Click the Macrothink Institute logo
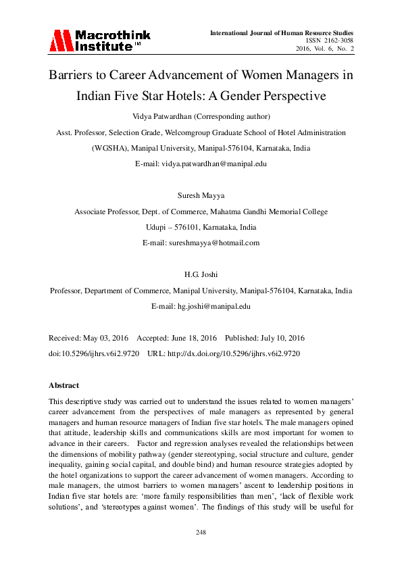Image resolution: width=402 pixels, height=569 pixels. click(99, 41)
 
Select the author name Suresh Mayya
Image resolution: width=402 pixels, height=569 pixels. click(201, 195)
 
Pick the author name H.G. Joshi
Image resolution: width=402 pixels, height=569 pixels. click(201, 275)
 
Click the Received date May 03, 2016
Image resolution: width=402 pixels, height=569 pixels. click(105, 337)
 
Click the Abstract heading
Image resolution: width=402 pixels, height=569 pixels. click(64, 385)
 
